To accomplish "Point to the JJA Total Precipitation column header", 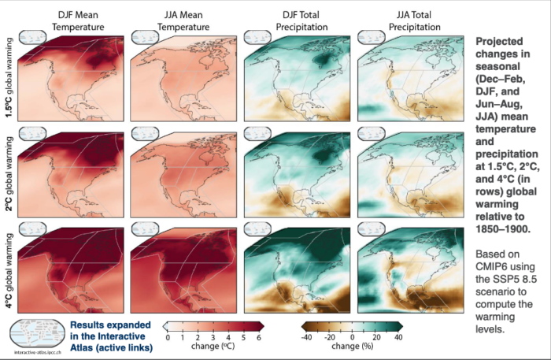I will pos(411,22).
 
